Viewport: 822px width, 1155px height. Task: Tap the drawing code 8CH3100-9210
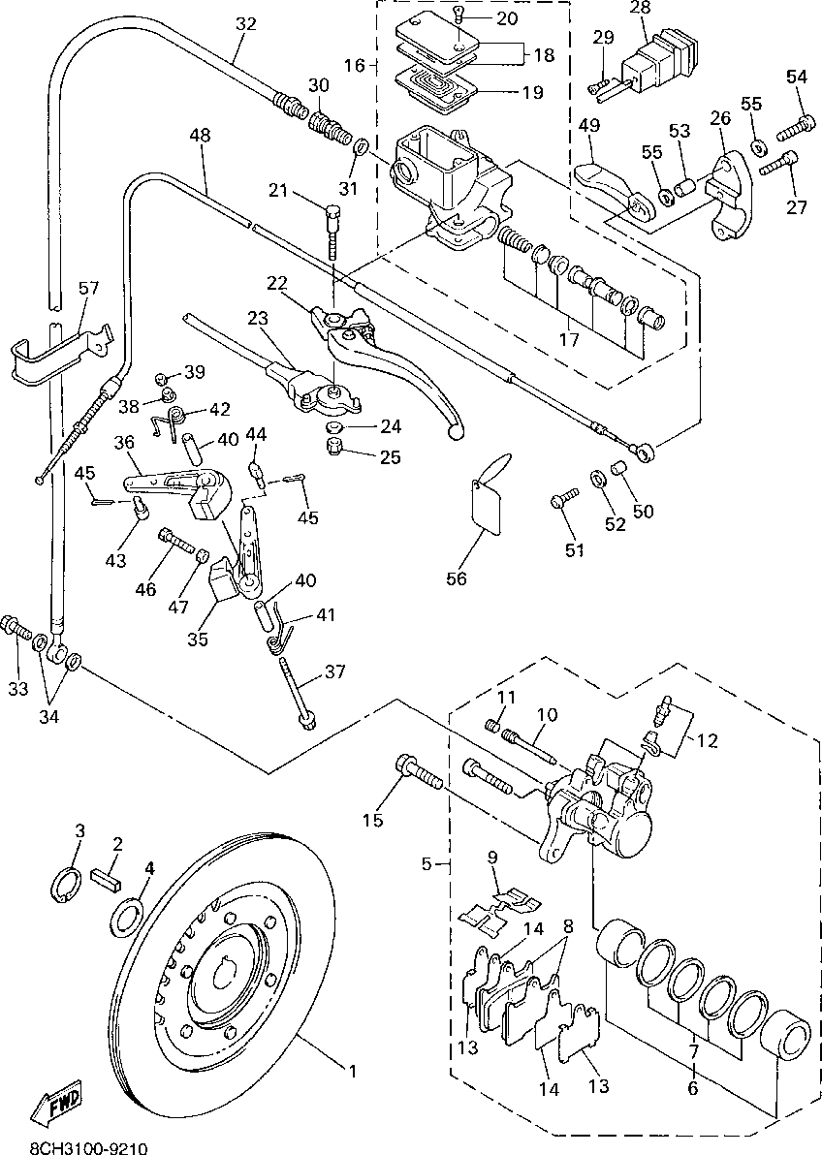88,1147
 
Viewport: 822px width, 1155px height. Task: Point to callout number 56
458,578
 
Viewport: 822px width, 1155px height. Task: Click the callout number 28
642,8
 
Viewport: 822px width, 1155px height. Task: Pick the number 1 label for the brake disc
353,1070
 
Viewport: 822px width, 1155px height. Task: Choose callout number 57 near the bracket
88,287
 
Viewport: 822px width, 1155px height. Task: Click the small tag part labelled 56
488,496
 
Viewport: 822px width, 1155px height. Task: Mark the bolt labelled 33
16,628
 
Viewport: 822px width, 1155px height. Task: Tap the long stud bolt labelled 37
297,693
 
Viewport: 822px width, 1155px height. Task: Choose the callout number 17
569,339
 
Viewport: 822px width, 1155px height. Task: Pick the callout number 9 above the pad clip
492,857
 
